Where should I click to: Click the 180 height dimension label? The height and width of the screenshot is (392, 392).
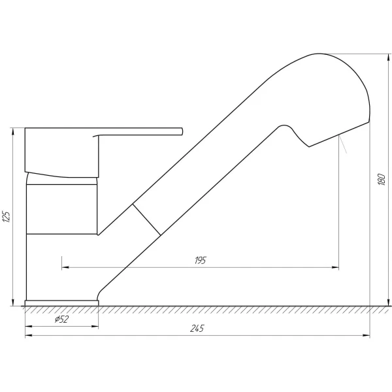coord(382,179)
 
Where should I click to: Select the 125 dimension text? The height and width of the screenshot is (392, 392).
coord(7,217)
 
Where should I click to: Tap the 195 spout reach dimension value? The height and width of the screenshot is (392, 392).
coord(201,261)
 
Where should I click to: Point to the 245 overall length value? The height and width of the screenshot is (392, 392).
coord(197,328)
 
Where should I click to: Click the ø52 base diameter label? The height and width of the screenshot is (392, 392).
coord(61,319)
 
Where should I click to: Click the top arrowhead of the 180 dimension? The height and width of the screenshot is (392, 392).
coord(388,57)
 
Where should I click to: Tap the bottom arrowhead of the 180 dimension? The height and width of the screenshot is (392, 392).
coord(388,302)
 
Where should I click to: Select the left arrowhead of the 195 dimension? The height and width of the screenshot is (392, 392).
coord(65,267)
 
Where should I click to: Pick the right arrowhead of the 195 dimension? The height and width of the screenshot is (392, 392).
coord(335,267)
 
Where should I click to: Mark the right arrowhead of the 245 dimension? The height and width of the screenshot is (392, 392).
coord(367,336)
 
